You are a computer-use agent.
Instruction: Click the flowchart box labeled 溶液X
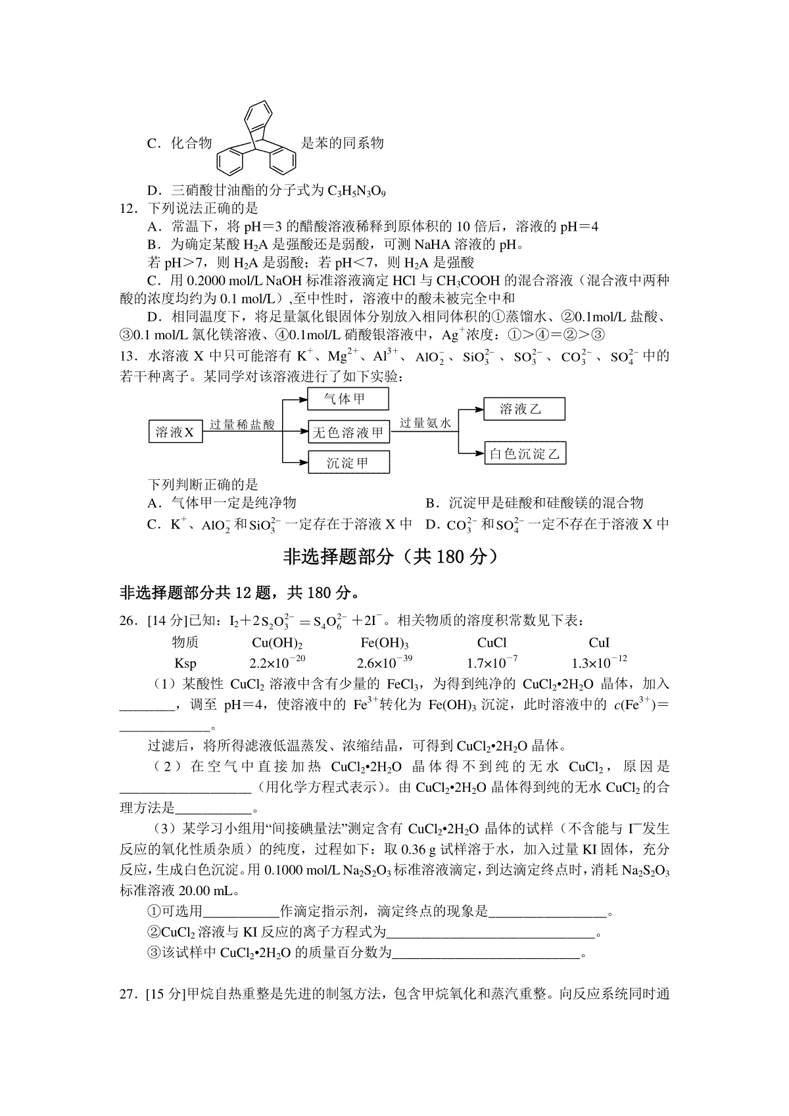pos(174,432)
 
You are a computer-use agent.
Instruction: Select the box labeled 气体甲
pos(348,399)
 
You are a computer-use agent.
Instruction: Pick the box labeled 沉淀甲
pos(348,463)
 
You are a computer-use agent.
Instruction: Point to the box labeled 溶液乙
pos(523,409)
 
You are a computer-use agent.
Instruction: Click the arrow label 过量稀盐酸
pos(242,425)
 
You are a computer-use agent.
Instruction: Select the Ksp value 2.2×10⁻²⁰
pos(277,663)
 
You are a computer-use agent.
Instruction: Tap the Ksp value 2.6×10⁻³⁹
pos(385,663)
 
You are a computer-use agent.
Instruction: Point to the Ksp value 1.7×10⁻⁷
pos(492,663)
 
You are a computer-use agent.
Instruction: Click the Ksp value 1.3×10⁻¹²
pos(599,663)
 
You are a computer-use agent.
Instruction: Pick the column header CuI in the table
pos(599,643)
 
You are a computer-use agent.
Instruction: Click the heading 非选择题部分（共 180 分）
pos(394,557)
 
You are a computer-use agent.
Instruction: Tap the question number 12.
pos(129,209)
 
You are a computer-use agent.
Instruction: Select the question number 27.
pos(129,994)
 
